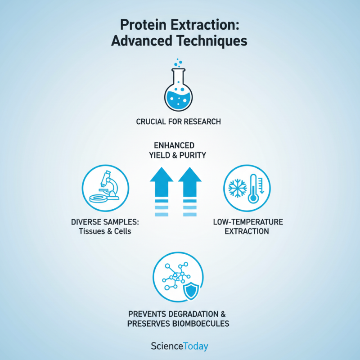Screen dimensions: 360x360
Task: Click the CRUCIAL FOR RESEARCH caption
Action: (180, 121)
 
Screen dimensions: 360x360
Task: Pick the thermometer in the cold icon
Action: (254, 188)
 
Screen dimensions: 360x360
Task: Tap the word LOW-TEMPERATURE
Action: (247, 222)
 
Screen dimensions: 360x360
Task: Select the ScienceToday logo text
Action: (180, 346)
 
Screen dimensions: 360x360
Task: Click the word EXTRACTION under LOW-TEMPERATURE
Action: (247, 231)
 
